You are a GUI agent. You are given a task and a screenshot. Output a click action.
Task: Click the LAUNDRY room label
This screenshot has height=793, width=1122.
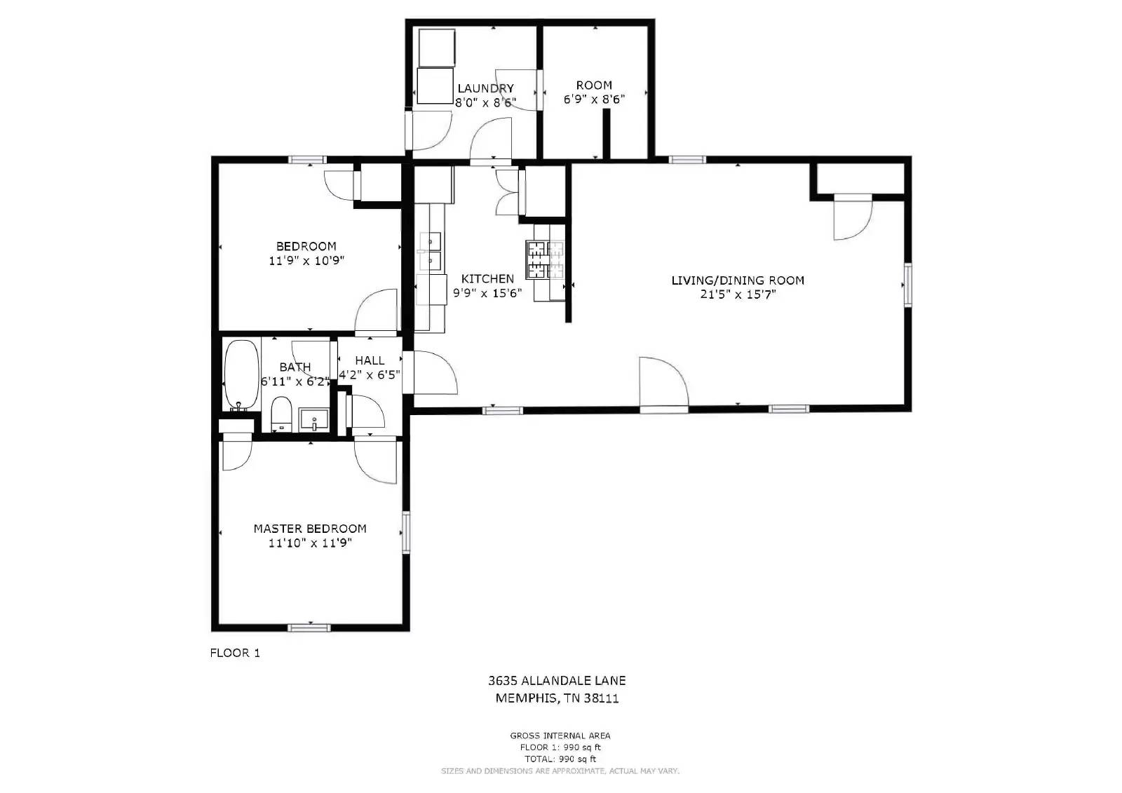485,88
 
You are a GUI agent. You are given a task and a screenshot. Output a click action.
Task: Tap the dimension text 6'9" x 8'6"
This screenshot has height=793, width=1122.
594,100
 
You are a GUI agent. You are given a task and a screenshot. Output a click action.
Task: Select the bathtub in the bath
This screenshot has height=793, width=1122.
241,376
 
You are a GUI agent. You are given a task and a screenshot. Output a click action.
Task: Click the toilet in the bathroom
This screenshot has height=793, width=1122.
281,414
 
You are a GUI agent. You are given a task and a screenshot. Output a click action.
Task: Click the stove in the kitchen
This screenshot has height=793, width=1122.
546,260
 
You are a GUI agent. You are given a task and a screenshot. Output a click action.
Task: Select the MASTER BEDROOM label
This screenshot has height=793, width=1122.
310,529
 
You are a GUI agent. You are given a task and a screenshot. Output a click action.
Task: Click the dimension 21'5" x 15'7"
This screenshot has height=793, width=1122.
738,294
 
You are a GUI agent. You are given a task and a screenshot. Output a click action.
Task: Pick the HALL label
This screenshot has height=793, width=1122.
370,360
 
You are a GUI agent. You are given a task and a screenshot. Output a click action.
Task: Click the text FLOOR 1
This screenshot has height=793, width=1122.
235,653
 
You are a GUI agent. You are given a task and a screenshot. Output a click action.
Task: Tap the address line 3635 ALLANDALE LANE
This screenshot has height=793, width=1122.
557,680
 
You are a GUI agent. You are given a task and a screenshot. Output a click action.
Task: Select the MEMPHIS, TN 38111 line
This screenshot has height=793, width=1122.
557,698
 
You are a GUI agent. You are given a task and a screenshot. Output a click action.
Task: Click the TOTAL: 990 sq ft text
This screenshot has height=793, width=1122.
560,759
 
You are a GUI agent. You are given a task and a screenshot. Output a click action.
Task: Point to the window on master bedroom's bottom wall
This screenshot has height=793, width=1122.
309,627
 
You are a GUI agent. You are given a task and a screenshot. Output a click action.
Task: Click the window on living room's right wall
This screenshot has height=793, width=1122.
907,285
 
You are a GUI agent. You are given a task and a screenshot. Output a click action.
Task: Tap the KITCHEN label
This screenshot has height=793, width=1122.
487,279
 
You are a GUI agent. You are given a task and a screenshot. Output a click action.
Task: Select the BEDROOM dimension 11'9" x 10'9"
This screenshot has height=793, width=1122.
306,261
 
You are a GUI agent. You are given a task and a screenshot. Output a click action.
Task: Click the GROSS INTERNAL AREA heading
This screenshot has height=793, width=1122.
560,736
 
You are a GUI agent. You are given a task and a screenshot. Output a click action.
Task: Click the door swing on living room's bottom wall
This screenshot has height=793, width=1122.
663,382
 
